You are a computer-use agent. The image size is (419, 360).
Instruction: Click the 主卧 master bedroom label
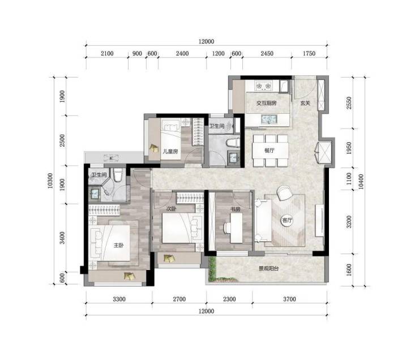118,245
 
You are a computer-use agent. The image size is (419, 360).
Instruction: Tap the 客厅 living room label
287,220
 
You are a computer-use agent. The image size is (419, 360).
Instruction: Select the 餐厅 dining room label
270,151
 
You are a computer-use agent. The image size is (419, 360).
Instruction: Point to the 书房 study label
236,209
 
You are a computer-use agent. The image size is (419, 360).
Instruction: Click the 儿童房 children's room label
170,152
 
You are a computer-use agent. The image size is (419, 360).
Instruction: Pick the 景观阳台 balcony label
268,268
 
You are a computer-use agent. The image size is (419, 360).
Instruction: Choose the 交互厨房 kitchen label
267,103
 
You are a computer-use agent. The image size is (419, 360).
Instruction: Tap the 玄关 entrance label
305,103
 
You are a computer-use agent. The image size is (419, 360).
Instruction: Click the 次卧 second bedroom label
172,208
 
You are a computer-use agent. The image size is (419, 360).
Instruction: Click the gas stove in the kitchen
263,85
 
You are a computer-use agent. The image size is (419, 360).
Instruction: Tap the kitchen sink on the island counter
269,119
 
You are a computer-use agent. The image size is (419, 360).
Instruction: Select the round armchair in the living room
284,193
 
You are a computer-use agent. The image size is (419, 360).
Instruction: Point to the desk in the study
237,228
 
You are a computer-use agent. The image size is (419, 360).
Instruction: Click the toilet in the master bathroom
118,175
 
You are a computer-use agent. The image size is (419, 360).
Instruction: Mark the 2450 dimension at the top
267,53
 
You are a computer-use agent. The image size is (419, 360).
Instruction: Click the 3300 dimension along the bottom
119,299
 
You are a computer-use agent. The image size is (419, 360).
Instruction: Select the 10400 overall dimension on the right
361,182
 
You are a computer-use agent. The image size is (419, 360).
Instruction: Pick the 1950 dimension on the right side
349,148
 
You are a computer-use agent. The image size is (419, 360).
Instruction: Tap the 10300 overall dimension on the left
50,181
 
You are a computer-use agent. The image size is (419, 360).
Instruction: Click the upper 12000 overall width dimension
206,41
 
